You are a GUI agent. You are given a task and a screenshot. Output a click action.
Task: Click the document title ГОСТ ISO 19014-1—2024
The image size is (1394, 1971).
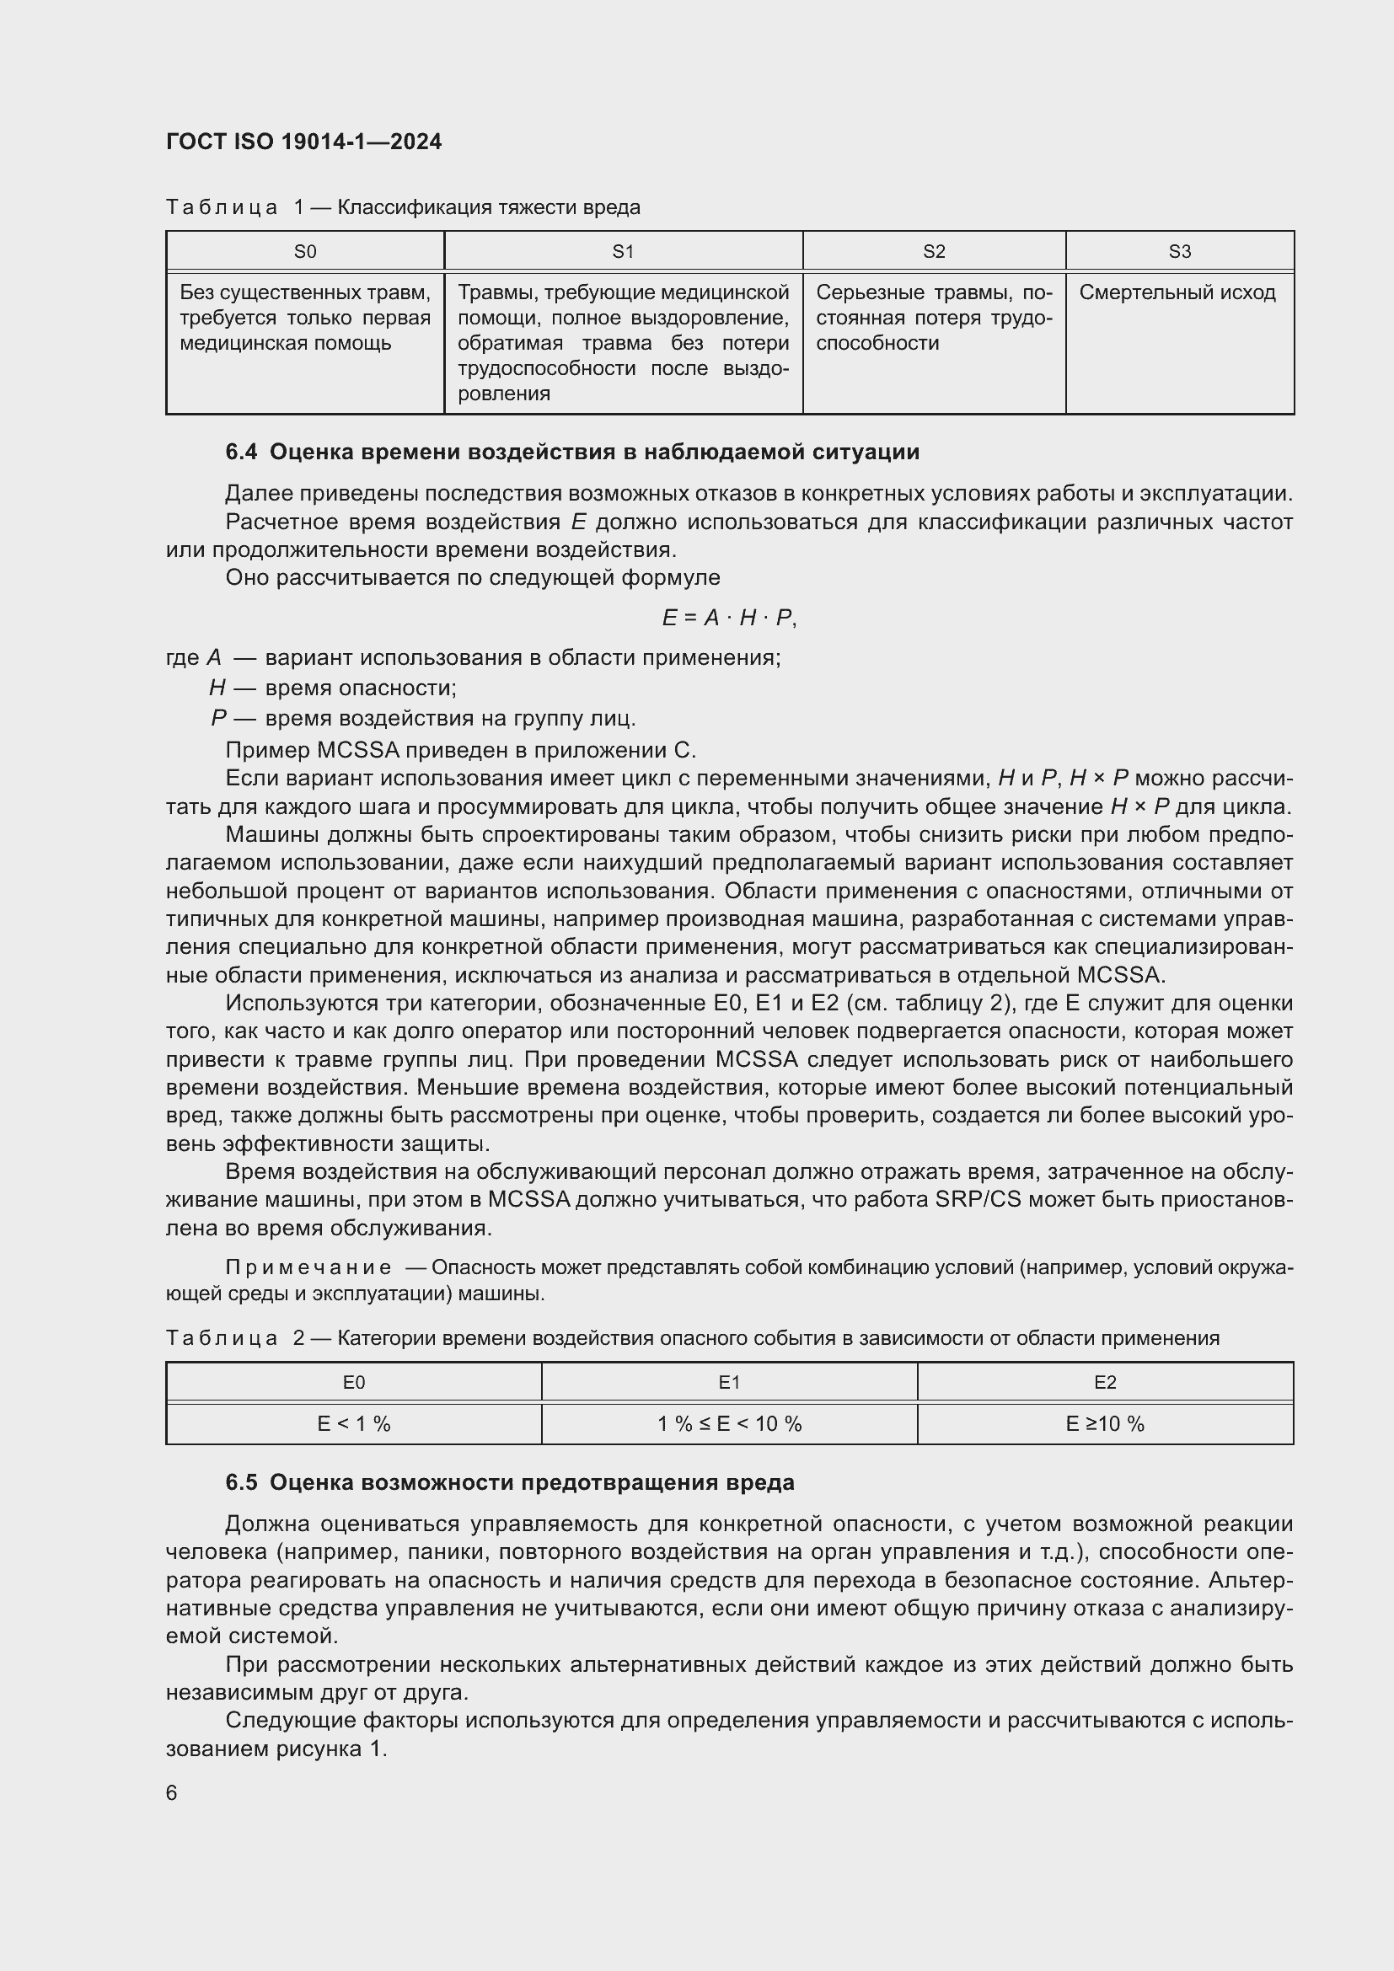[304, 142]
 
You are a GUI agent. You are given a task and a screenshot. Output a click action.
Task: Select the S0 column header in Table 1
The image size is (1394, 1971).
[305, 251]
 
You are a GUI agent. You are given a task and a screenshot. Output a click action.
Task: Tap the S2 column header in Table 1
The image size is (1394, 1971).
[934, 251]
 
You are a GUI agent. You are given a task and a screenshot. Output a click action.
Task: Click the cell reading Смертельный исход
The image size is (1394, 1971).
[1177, 292]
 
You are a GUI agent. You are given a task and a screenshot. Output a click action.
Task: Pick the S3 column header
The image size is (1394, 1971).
[1179, 251]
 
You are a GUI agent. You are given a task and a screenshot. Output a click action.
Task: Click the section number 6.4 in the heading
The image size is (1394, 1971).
[241, 453]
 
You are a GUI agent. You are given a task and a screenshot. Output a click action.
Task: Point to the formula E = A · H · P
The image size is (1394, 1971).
[729, 618]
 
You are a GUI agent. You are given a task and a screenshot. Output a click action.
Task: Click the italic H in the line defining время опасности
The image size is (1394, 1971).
[217, 688]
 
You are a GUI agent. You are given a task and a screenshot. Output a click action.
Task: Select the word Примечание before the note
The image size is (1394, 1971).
[308, 1268]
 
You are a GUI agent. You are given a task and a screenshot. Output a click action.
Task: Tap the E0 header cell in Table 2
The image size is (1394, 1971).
[354, 1383]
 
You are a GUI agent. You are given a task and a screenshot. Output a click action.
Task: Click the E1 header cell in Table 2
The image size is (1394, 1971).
[729, 1383]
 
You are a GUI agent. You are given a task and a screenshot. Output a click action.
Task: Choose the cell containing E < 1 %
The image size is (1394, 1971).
[354, 1424]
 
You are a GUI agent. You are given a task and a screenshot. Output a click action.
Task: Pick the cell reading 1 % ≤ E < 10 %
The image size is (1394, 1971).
[729, 1424]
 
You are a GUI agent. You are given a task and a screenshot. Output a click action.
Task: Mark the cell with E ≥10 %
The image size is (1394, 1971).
[1105, 1424]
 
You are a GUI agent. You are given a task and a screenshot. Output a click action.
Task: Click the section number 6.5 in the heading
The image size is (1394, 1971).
[241, 1483]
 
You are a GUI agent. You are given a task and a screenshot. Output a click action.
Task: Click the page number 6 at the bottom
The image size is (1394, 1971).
[172, 1793]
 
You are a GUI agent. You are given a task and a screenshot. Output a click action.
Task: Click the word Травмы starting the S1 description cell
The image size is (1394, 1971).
[491, 292]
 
